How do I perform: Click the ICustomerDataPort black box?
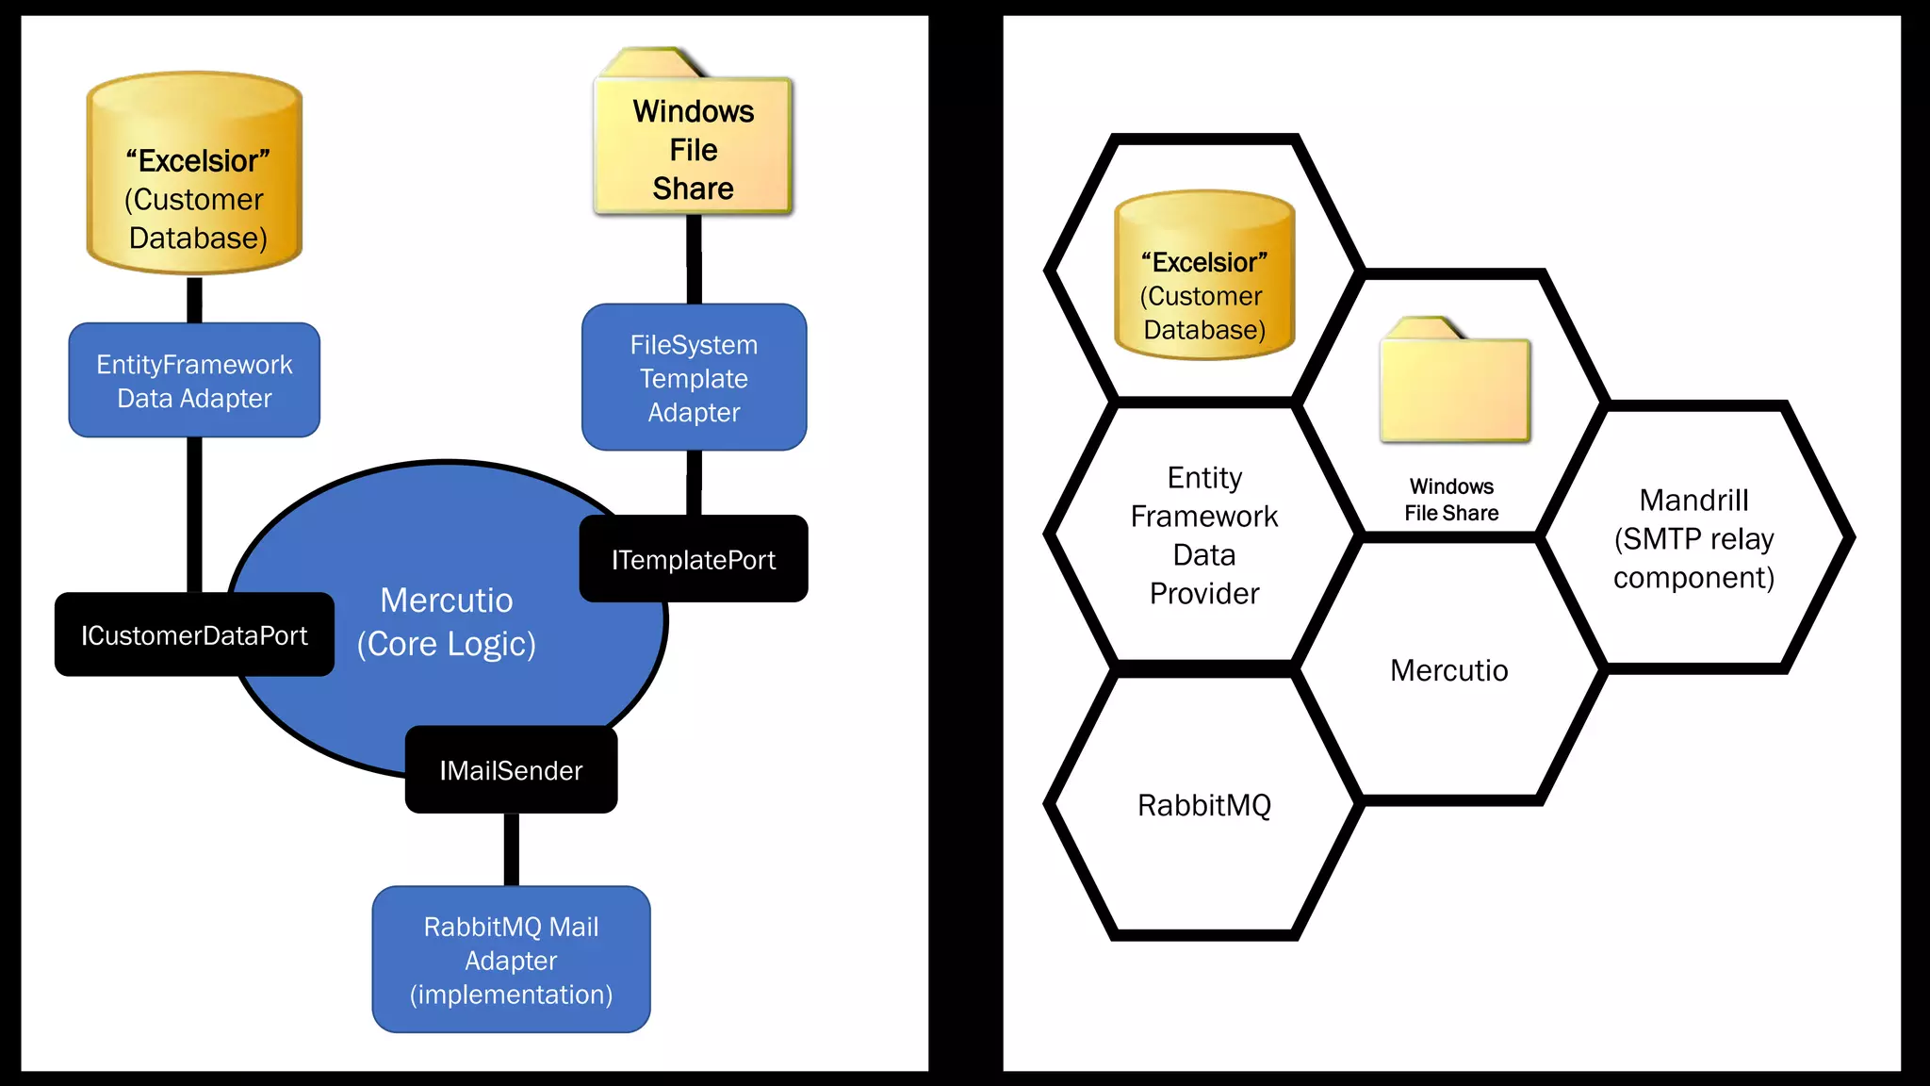(x=194, y=634)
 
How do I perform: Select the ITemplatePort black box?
(x=694, y=559)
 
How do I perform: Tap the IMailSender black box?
(x=511, y=769)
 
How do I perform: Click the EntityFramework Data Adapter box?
(x=194, y=381)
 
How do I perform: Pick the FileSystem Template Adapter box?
(x=694, y=377)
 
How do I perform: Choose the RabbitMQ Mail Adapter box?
(x=511, y=960)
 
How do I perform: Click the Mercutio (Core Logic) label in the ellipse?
(x=447, y=622)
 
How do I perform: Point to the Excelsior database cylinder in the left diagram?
(x=194, y=174)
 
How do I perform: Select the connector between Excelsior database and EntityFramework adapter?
(x=194, y=300)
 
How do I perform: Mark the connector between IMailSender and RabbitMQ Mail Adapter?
(x=511, y=849)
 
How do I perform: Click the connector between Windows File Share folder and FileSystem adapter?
(x=694, y=259)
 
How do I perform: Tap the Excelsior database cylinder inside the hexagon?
(x=1204, y=275)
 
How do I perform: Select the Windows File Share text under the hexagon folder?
(x=1451, y=500)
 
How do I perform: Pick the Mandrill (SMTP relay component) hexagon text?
(x=1693, y=538)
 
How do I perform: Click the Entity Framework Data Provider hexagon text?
(x=1204, y=535)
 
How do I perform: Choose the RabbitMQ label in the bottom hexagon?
(x=1204, y=805)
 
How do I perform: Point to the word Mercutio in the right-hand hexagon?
(x=1449, y=670)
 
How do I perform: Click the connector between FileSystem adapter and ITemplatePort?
(x=694, y=483)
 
